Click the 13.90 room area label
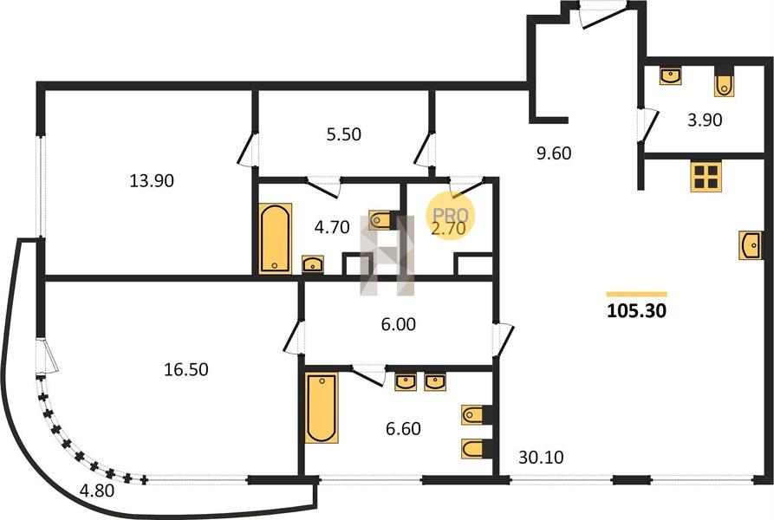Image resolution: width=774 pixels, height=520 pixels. coord(152,180)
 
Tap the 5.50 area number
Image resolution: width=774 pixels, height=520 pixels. coord(343,134)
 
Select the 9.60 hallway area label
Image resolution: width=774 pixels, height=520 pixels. coord(554,153)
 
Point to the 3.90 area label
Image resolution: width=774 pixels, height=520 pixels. coord(705,120)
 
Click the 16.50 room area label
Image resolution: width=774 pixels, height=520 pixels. coord(186,369)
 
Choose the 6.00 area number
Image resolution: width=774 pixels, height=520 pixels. coord(399,324)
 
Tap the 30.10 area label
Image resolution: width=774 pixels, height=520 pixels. coord(541,458)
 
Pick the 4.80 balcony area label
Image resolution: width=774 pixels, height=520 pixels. coord(97,491)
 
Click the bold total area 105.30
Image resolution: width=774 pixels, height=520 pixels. coord(637,311)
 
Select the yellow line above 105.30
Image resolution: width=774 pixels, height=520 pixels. coord(637,294)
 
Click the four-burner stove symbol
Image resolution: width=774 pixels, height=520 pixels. coord(706,177)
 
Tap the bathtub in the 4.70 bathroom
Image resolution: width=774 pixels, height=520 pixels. coord(275,237)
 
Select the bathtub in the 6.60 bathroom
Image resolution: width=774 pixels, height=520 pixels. coord(322,408)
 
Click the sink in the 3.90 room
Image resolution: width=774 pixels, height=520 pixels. coord(671,76)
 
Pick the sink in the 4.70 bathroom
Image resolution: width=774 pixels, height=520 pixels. coord(313,264)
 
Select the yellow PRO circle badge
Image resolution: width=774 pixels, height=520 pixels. coord(451,216)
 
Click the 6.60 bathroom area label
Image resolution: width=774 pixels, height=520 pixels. coord(403,429)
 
